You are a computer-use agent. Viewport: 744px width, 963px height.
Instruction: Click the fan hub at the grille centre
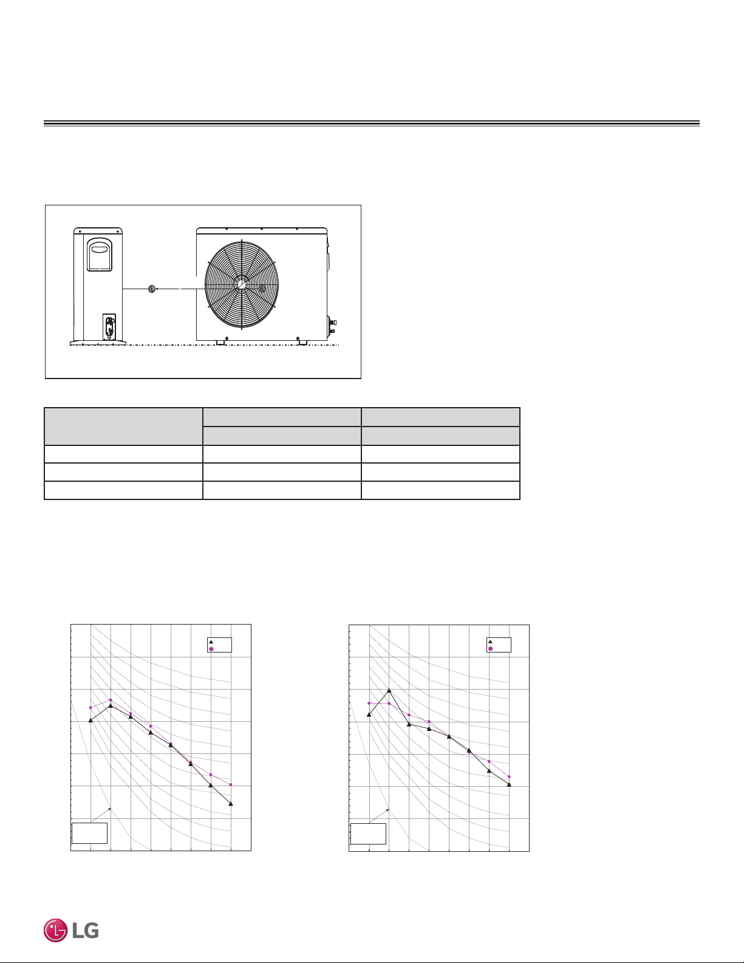(x=242, y=284)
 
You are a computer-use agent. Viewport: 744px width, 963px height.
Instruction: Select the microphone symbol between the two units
(x=151, y=289)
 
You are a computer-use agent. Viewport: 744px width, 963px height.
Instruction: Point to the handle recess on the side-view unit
(x=99, y=255)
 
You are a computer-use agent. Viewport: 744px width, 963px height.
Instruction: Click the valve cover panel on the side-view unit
(x=109, y=327)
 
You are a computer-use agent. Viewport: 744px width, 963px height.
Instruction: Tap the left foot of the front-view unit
(x=220, y=342)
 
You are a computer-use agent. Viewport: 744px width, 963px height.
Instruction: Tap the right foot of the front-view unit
(x=303, y=342)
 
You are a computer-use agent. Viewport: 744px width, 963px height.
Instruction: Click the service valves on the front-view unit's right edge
(x=332, y=326)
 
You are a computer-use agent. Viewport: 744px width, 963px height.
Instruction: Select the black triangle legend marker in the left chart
(x=211, y=642)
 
